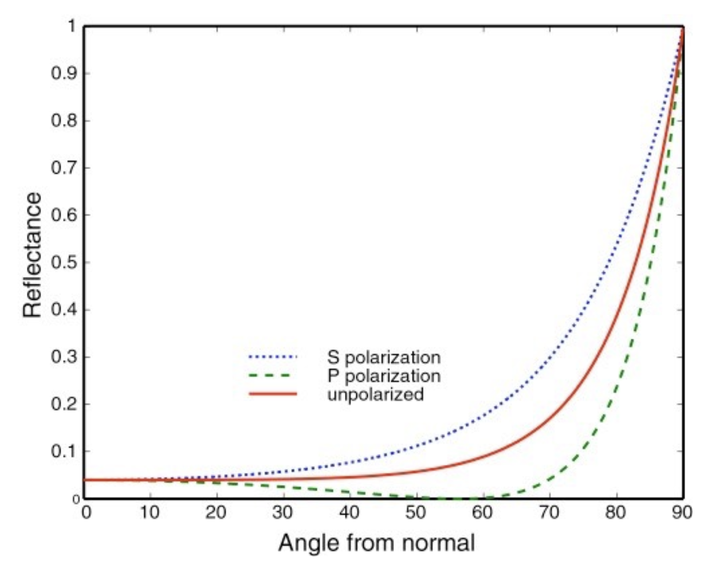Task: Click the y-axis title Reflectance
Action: (x=33, y=255)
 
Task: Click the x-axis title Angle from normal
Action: (x=376, y=543)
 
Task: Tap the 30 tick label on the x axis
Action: (x=283, y=513)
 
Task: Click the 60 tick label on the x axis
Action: (x=482, y=513)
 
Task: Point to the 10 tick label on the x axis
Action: (x=150, y=513)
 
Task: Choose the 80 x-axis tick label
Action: (x=616, y=513)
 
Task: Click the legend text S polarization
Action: (x=384, y=358)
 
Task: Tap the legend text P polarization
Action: (x=384, y=376)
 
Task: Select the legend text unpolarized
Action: (x=375, y=394)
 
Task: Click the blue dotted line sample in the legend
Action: (x=273, y=358)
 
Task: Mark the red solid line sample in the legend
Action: (x=273, y=394)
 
